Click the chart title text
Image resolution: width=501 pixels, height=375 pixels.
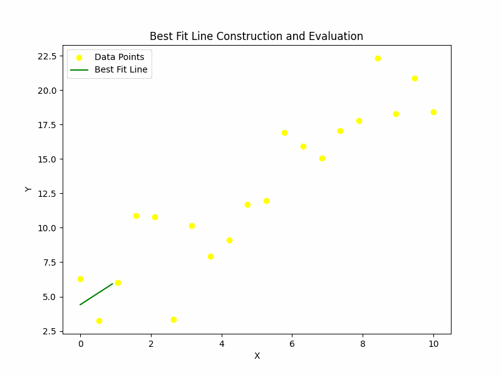pyautogui.click(x=256, y=36)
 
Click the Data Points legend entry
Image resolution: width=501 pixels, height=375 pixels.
pyautogui.click(x=119, y=57)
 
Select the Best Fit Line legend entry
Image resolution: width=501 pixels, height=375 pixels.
pyautogui.click(x=121, y=69)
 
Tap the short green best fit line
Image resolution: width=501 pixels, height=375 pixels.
pyautogui.click(x=96, y=294)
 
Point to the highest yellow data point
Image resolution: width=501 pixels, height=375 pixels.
pyautogui.click(x=378, y=58)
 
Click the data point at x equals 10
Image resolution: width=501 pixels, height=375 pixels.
pyautogui.click(x=433, y=112)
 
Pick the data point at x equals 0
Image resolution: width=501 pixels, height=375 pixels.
pyautogui.click(x=80, y=279)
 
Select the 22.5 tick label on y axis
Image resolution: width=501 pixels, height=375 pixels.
pyautogui.click(x=46, y=56)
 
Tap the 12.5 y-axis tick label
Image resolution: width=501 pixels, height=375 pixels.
pyautogui.click(x=46, y=194)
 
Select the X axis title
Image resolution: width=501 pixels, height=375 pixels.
pyautogui.click(x=257, y=356)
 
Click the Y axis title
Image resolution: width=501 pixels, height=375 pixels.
pyautogui.click(x=28, y=189)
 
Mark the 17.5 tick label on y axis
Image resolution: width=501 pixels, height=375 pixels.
pyautogui.click(x=46, y=125)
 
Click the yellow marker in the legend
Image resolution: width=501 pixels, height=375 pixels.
pyautogui.click(x=80, y=57)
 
